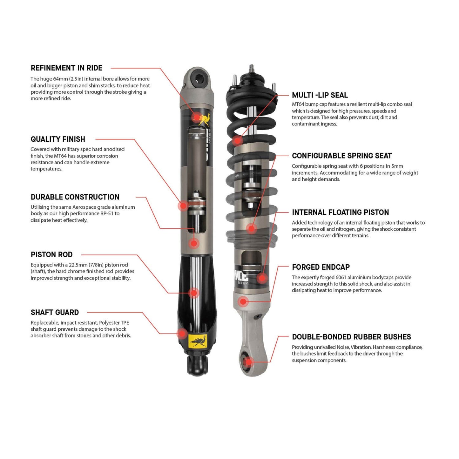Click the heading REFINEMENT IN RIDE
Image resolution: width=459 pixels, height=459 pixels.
pyautogui.click(x=66, y=68)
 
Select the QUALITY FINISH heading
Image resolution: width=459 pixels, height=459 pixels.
pyautogui.click(x=58, y=139)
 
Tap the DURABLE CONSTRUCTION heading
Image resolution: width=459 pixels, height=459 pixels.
pyautogui.click(x=75, y=197)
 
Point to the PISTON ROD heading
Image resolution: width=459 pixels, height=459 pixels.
pyautogui.click(x=51, y=255)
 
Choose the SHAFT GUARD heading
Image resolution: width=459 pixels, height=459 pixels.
pyautogui.click(x=55, y=313)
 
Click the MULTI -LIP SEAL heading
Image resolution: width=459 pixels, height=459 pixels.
pyautogui.click(x=320, y=95)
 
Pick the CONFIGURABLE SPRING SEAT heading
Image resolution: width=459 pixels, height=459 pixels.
pyautogui.click(x=341, y=156)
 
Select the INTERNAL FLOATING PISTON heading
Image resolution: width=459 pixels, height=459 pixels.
pyautogui.click(x=340, y=213)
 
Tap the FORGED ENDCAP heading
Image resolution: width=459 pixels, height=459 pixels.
pyautogui.click(x=321, y=267)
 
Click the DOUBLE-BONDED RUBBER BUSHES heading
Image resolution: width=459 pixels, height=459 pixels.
pyautogui.click(x=351, y=337)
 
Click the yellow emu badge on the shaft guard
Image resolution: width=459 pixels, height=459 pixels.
pyautogui.click(x=198, y=341)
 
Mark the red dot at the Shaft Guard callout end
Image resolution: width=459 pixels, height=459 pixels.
pyautogui.click(x=182, y=333)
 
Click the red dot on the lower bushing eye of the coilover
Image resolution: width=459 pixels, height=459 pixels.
pyautogui.click(x=249, y=361)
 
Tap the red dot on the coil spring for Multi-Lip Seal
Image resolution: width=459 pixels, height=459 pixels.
pyautogui.click(x=237, y=140)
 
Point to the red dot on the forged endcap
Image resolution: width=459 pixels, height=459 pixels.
pyautogui.click(x=243, y=301)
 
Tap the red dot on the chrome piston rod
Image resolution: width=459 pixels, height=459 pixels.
pyautogui.click(x=194, y=293)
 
